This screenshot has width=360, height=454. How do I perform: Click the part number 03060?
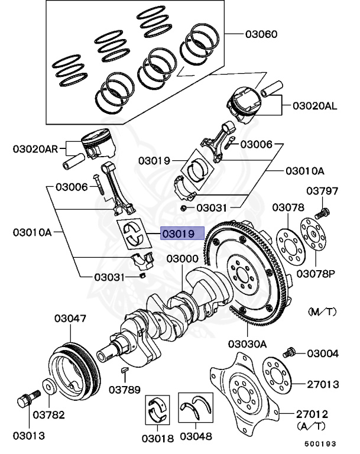(x=261, y=34)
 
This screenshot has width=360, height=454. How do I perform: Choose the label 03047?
(x=70, y=319)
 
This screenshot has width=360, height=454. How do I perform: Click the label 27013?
(x=323, y=384)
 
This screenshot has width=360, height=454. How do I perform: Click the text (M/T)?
(x=323, y=311)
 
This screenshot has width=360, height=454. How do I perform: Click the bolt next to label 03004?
(x=290, y=352)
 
